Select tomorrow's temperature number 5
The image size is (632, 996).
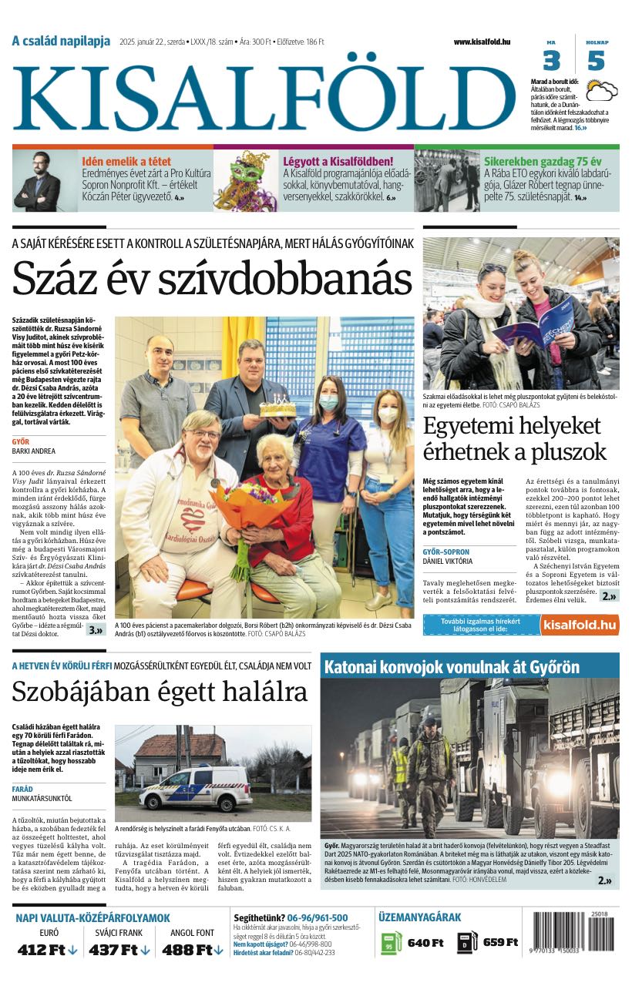coord(596,61)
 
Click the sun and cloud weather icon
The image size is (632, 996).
coord(600,92)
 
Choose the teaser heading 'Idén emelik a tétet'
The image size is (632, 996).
coord(126,162)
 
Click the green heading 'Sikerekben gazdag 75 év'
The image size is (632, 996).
coord(543,162)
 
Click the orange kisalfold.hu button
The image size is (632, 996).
coord(579,625)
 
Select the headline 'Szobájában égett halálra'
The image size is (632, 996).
coord(160,693)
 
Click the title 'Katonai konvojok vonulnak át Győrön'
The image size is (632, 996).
coord(452,666)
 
